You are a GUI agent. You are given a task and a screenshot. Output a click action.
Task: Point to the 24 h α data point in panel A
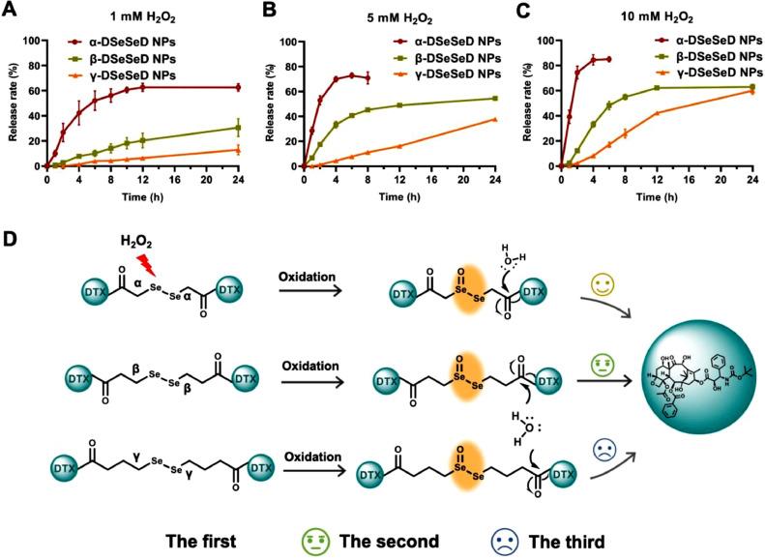238,87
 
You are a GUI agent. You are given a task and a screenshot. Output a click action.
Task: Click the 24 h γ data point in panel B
495,119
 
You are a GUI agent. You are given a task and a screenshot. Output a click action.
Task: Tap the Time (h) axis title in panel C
658,196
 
